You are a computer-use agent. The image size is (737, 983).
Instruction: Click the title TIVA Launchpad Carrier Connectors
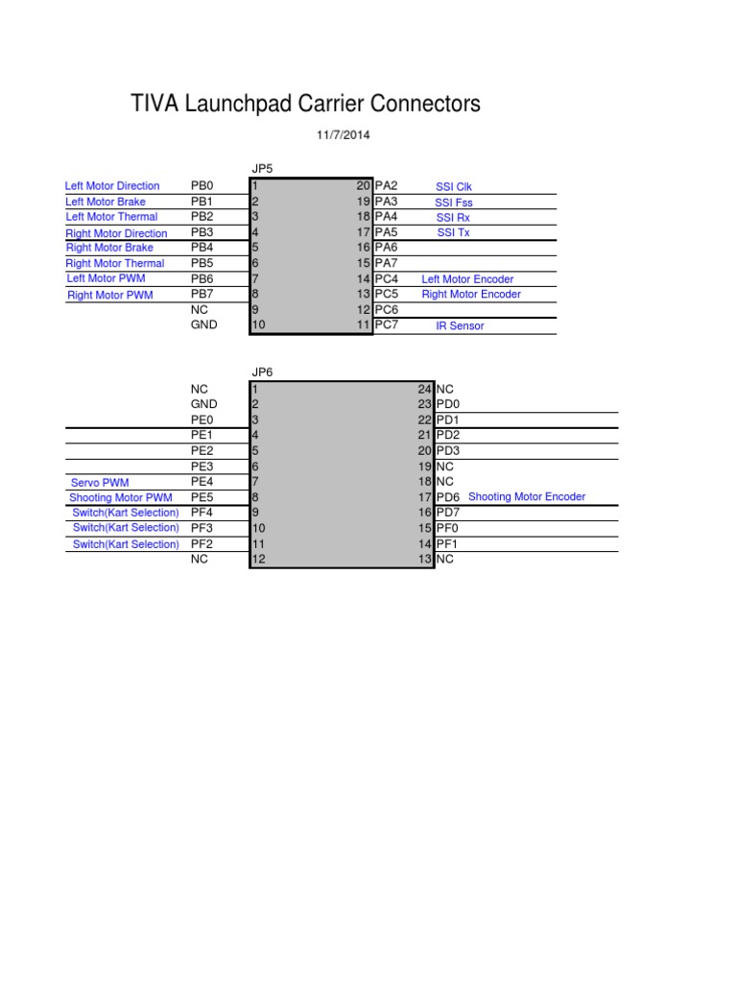point(305,104)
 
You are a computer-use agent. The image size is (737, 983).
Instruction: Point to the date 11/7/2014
point(343,134)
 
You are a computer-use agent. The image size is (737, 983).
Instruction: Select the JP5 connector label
point(262,169)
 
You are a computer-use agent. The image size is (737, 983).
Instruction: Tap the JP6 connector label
point(262,372)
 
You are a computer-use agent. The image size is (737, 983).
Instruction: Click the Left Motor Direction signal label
point(112,185)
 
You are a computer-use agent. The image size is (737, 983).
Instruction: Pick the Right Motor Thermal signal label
point(115,263)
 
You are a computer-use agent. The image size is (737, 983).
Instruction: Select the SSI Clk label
point(454,187)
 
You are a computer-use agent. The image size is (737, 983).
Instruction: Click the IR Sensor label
point(460,326)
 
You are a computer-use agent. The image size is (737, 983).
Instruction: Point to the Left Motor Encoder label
point(467,279)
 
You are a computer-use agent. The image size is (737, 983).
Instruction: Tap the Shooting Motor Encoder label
point(527,496)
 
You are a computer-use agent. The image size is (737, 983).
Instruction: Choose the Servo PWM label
point(100,483)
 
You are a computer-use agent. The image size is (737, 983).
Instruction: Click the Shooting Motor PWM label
point(121,498)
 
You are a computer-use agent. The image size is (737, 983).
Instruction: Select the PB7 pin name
point(202,294)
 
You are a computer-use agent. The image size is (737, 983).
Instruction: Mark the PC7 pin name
point(386,324)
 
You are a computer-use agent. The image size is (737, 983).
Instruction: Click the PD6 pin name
point(447,497)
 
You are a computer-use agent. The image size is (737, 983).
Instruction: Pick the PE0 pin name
point(202,420)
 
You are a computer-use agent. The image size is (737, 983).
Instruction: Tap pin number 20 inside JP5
point(364,185)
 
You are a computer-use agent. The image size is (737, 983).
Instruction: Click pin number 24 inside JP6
point(425,390)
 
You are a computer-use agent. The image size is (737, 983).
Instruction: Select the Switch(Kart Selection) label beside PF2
point(126,544)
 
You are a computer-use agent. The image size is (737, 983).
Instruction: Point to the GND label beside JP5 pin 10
point(204,324)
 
